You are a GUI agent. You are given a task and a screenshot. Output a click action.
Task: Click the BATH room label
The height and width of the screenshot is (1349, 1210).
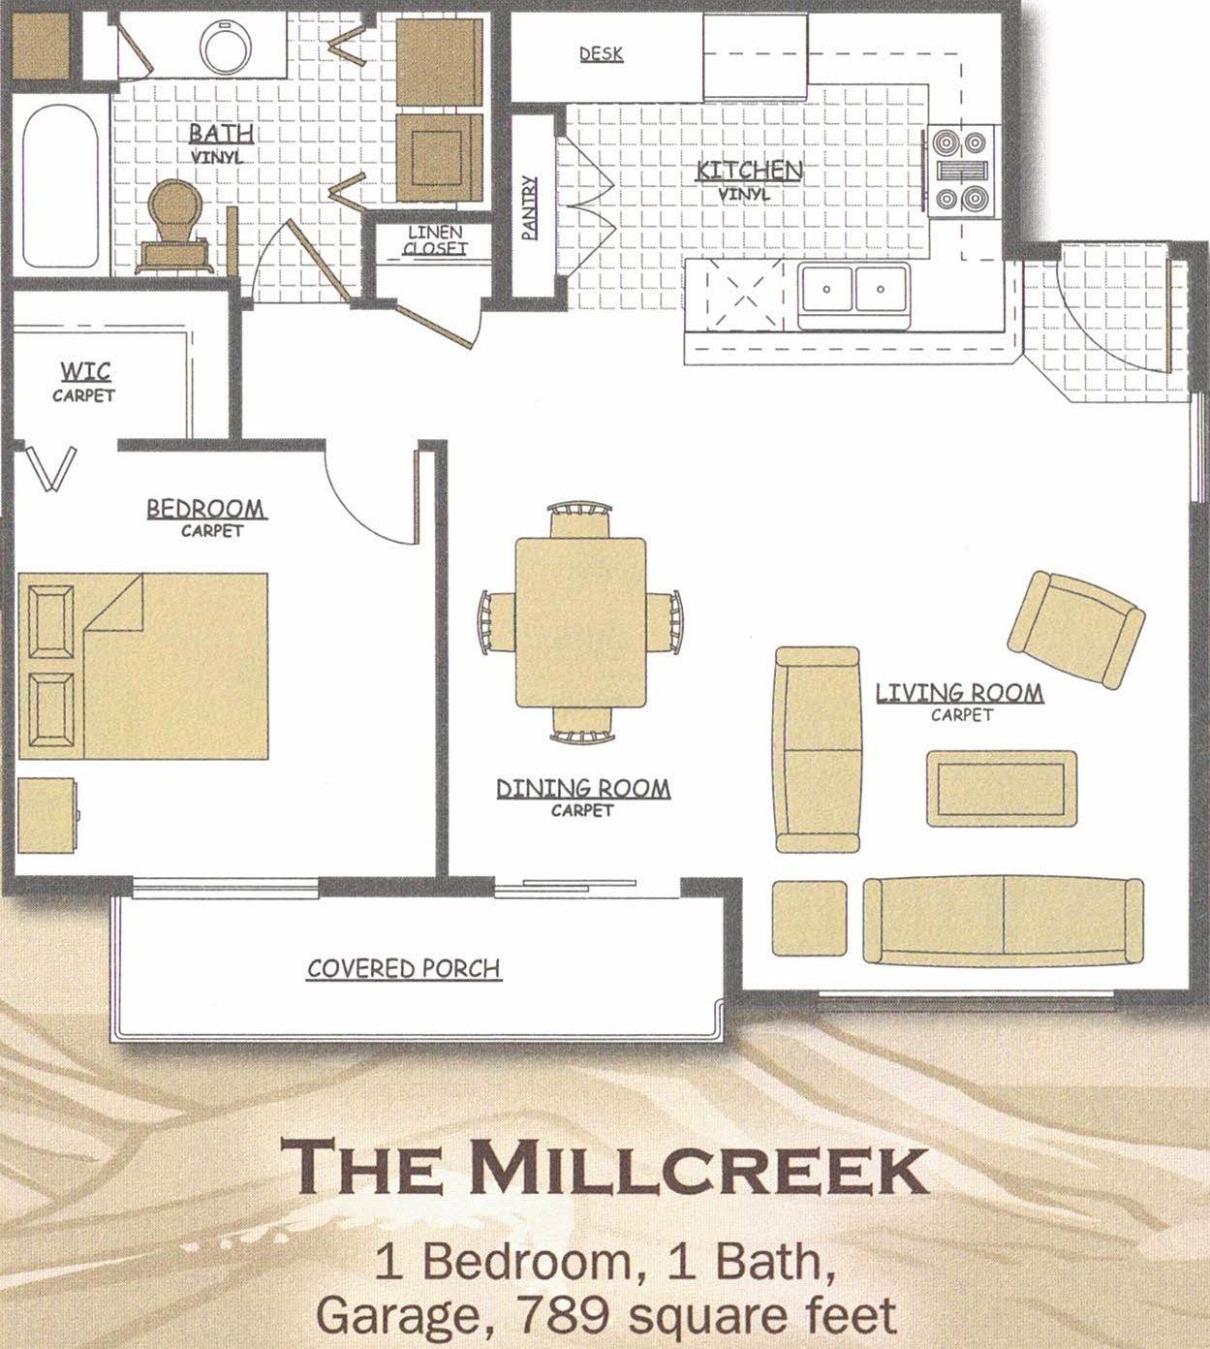pyautogui.click(x=221, y=134)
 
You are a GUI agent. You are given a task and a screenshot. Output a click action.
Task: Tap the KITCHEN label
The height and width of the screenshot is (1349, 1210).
pyautogui.click(x=749, y=172)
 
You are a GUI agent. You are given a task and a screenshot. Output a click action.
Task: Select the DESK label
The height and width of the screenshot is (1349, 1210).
pyautogui.click(x=601, y=54)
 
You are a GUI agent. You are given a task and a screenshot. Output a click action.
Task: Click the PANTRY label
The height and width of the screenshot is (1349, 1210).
pyautogui.click(x=529, y=206)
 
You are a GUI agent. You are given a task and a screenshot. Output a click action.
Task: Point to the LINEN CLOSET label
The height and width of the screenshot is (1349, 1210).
pyautogui.click(x=434, y=240)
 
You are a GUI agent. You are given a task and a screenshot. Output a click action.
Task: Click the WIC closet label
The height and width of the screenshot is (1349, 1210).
pyautogui.click(x=84, y=372)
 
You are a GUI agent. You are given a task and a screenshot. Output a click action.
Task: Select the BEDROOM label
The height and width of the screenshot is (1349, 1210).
pyautogui.click(x=205, y=509)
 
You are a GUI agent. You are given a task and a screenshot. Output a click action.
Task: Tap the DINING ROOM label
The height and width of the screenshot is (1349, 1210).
pyautogui.click(x=582, y=789)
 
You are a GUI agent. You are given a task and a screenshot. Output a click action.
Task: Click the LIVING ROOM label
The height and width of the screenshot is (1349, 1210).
pyautogui.click(x=959, y=693)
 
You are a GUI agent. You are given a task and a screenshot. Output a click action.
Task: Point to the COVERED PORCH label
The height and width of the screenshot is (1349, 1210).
pyautogui.click(x=404, y=968)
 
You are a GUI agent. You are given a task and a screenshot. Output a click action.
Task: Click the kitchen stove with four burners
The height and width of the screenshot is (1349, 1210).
pyautogui.click(x=960, y=171)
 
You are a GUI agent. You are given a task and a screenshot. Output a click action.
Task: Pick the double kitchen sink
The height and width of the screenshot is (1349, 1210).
pyautogui.click(x=853, y=290)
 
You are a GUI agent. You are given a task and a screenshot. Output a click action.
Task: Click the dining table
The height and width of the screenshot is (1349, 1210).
pyautogui.click(x=581, y=621)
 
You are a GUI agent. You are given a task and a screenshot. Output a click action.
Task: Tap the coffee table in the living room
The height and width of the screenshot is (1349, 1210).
pyautogui.click(x=1001, y=787)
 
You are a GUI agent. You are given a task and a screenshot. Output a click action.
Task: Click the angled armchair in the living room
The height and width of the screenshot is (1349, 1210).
pyautogui.click(x=1075, y=627)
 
